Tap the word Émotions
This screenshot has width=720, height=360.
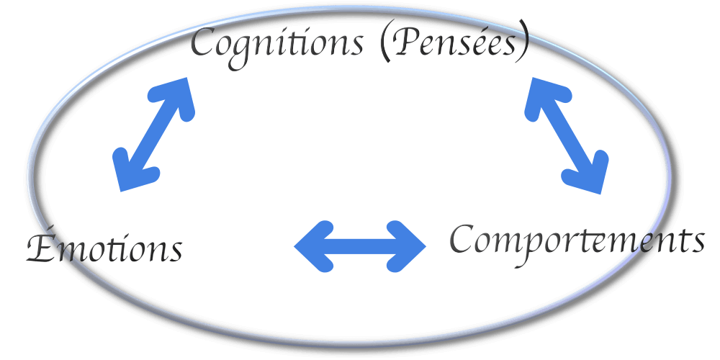[x=104, y=248]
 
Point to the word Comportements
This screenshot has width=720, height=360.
[x=576, y=240]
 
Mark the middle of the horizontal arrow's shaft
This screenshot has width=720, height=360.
[x=361, y=246]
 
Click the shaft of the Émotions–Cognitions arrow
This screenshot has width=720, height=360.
[x=155, y=134]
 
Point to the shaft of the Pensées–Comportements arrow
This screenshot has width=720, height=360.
[x=566, y=134]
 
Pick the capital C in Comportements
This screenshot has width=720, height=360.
[x=464, y=238]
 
